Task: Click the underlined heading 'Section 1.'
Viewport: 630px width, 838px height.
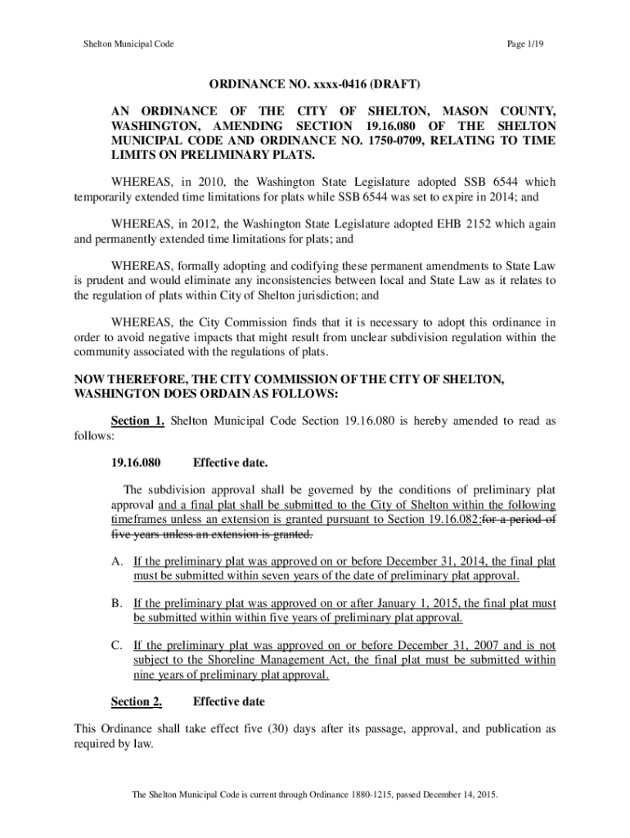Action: tap(137, 421)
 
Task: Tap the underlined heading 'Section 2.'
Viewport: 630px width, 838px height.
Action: tap(137, 701)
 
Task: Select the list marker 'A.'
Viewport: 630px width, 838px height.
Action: tap(118, 561)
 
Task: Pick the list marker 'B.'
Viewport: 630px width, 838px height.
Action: tap(118, 603)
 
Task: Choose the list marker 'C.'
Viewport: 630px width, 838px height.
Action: tap(118, 645)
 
